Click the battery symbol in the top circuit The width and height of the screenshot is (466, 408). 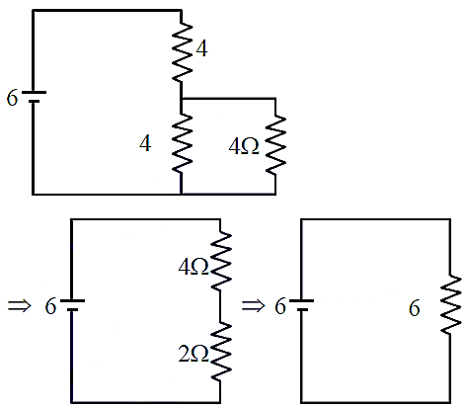pos(34,97)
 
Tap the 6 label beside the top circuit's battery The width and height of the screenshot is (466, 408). pos(12,98)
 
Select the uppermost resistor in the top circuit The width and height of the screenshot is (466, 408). pos(182,52)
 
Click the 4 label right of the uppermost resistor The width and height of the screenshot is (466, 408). pos(201,49)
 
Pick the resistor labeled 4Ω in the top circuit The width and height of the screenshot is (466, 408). pos(275,144)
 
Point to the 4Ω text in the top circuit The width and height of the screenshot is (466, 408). pos(244,146)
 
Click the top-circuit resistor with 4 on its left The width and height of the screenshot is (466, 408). pos(182,143)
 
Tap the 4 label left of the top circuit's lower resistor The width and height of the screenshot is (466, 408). pos(145,144)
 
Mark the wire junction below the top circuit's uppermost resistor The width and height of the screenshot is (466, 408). pos(182,99)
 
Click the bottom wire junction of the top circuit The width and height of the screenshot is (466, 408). pos(182,194)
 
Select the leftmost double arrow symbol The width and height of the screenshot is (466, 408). pos(20,306)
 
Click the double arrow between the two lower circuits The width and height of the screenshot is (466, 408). pos(253,306)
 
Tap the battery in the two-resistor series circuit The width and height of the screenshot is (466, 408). pos(72,305)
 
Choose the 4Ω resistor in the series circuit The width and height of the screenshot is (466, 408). pos(221,261)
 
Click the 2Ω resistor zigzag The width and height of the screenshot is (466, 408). pos(221,352)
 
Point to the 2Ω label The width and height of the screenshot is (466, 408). pos(194,355)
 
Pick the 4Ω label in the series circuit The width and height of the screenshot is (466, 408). pos(194,267)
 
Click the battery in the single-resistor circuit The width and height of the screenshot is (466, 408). pos(301,305)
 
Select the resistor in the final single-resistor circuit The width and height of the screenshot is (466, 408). pos(450,305)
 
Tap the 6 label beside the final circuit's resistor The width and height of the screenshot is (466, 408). pos(415,308)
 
